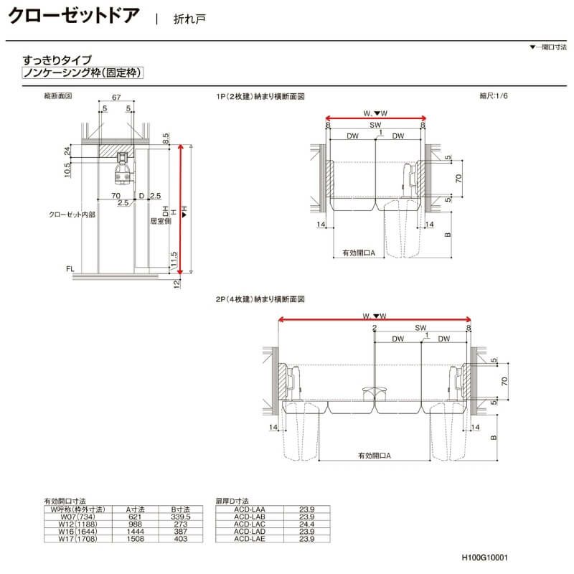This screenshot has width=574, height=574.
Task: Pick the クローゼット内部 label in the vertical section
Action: pyautogui.click(x=72, y=214)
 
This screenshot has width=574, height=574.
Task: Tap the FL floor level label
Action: pyautogui.click(x=70, y=268)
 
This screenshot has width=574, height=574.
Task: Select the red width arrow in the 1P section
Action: pyautogui.click(x=376, y=119)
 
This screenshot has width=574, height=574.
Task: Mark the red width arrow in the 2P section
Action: pyautogui.click(x=375, y=321)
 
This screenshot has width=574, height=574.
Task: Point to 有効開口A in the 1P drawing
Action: pyautogui.click(x=358, y=252)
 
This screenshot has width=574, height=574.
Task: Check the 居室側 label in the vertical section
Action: pyautogui.click(x=159, y=222)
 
